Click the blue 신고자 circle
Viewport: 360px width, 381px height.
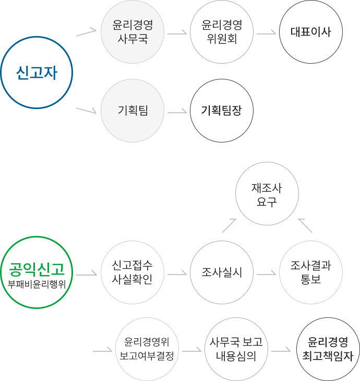click(36, 73)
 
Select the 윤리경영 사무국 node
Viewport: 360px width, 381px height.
click(133, 32)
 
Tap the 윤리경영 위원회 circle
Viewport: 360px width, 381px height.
click(222, 32)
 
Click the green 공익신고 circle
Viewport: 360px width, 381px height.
click(36, 272)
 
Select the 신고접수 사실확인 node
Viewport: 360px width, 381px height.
click(133, 272)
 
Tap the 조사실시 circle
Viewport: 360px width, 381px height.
click(222, 272)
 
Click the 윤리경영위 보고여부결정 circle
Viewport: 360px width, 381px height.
click(147, 349)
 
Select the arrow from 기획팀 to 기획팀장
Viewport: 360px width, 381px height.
click(177, 111)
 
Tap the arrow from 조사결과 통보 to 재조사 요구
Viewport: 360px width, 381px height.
click(305, 225)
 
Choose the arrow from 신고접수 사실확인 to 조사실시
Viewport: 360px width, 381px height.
click(177, 272)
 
